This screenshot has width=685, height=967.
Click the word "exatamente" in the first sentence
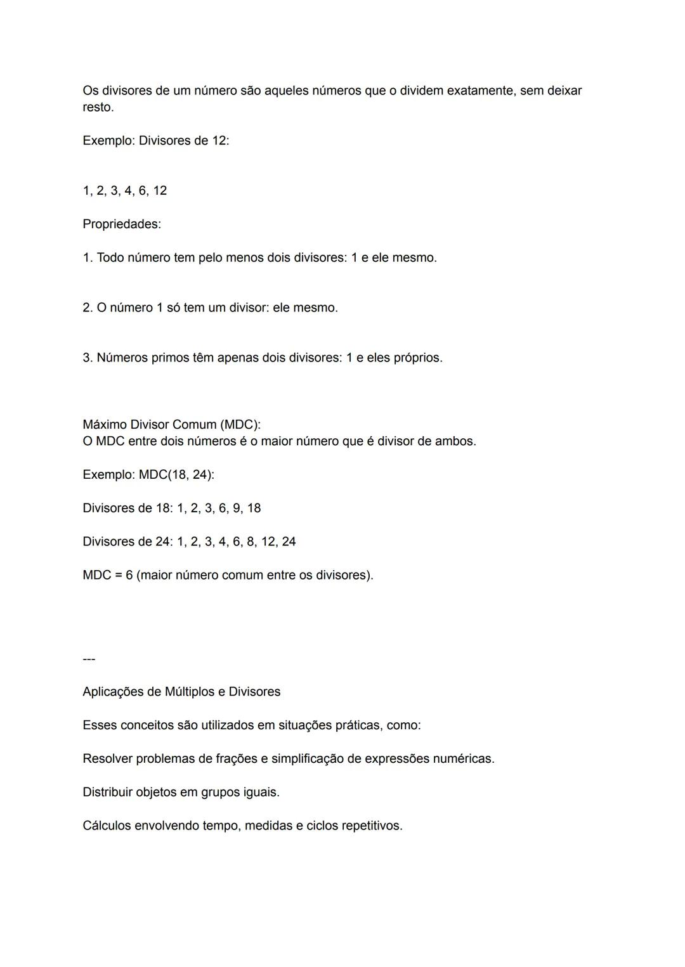[481, 91]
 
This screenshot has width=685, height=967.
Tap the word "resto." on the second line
[98, 108]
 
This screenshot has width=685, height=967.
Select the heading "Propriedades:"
[122, 224]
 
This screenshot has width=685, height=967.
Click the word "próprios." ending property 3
[418, 358]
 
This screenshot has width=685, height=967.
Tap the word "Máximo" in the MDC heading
[105, 425]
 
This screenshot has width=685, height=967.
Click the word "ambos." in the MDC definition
[455, 441]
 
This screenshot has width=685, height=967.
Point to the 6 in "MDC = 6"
[129, 576]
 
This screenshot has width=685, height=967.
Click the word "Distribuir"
[107, 793]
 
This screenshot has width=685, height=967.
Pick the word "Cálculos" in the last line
[107, 826]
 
